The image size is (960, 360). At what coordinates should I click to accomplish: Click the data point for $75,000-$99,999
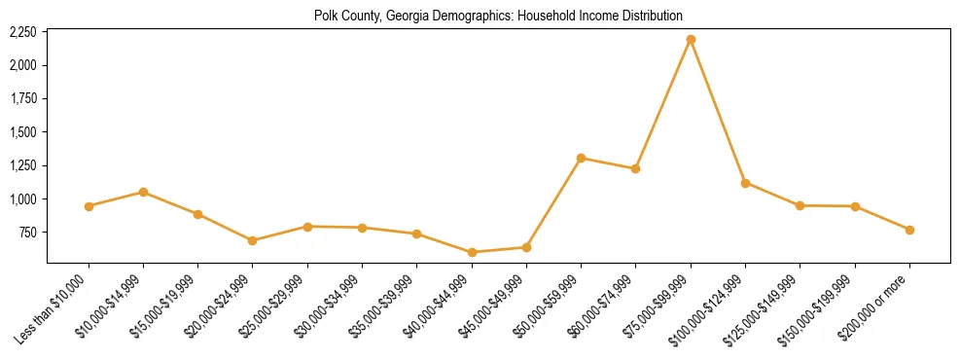tap(691, 39)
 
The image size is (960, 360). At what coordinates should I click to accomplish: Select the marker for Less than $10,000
tap(89, 206)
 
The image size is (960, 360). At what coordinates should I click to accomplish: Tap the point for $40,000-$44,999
tap(472, 252)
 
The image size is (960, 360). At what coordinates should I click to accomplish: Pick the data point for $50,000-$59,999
tap(581, 158)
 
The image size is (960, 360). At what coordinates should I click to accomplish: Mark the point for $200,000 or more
tap(909, 230)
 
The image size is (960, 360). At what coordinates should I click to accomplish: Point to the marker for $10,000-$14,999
tap(143, 192)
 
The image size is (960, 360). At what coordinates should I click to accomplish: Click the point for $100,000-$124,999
tap(745, 183)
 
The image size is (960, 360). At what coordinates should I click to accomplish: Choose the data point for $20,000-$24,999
tap(253, 240)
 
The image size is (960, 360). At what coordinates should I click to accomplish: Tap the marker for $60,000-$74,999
tap(635, 168)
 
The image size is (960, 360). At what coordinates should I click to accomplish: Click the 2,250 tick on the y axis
tap(23, 32)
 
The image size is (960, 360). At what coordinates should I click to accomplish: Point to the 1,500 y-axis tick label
tap(23, 132)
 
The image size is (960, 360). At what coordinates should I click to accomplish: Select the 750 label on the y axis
tap(28, 233)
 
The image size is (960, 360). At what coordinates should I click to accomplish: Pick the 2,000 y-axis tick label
tap(23, 65)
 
